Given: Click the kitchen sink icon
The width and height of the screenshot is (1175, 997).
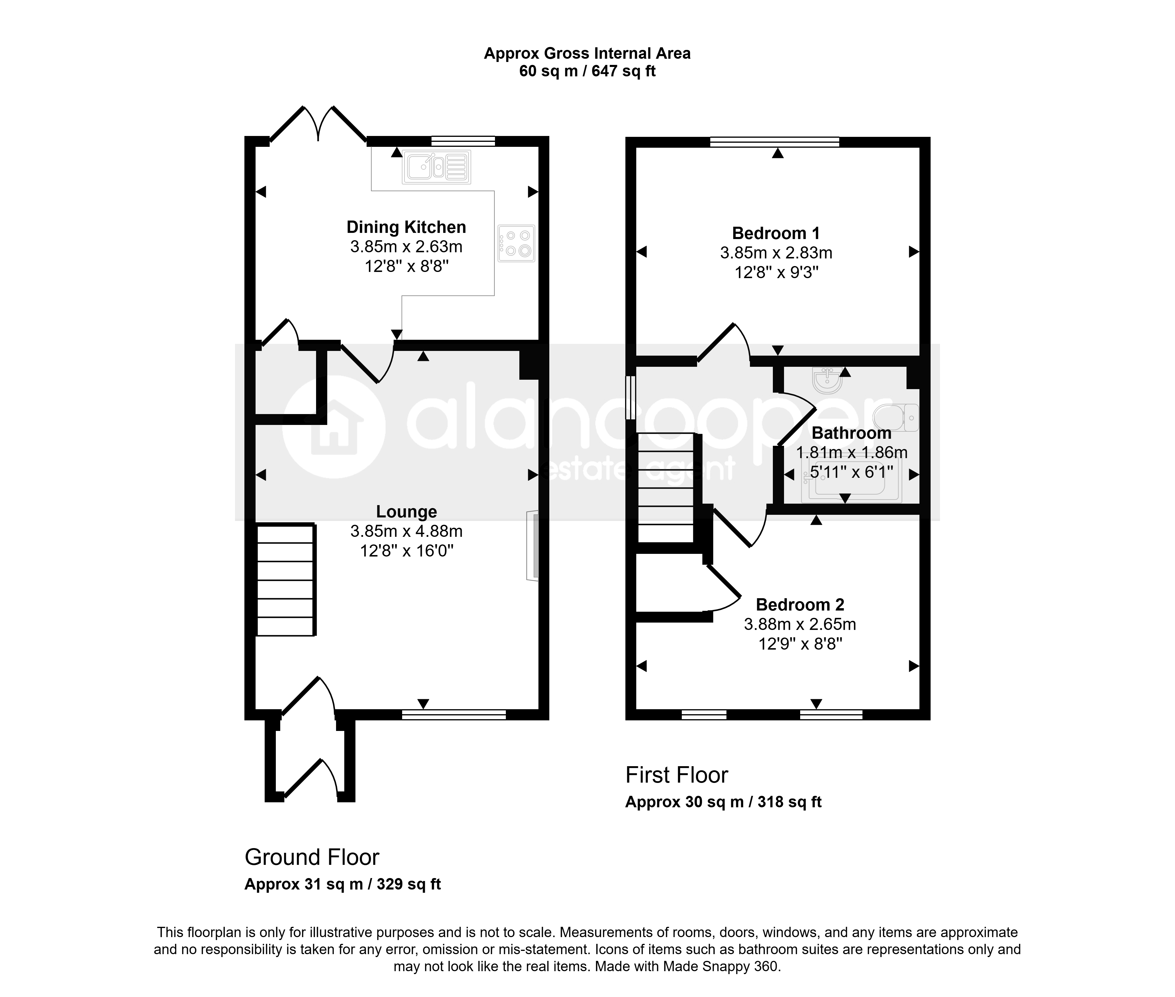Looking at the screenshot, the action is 436,167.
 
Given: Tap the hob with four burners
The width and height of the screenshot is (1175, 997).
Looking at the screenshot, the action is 516,243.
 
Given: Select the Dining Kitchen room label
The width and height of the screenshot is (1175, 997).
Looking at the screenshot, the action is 406,227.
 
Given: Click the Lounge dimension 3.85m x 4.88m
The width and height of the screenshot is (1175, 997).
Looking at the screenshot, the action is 407,531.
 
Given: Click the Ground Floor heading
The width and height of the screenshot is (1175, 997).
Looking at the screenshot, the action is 312,858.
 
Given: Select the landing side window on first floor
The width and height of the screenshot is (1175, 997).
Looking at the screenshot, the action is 630,398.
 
